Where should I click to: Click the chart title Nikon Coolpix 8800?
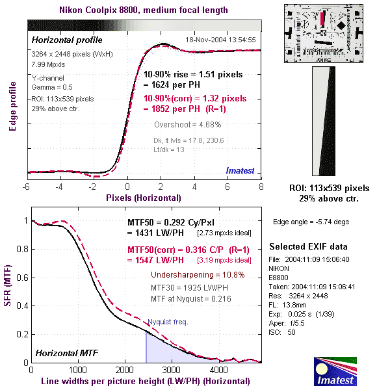[143, 10]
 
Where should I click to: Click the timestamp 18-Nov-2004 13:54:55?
[220, 40]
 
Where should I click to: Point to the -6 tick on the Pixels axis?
[27, 186]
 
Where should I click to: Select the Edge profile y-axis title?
[12, 106]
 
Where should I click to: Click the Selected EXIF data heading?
[309, 247]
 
